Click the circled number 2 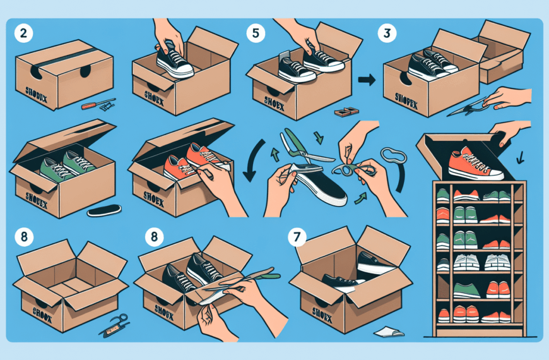(x=23, y=35)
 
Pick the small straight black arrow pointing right (x=365, y=80)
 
